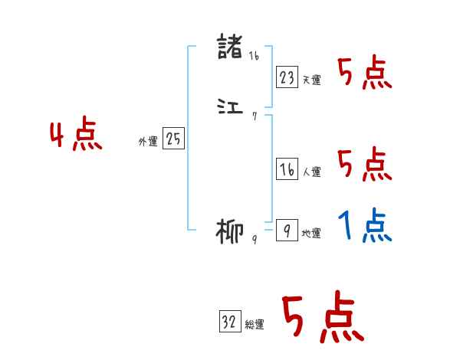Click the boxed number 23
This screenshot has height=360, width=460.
coord(287,77)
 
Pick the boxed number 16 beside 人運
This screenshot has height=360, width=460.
coord(287,170)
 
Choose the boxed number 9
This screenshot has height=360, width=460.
coord(287,231)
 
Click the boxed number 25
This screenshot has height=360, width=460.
coord(173,139)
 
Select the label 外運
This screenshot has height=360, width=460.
coord(147,142)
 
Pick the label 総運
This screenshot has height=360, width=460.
coord(255,325)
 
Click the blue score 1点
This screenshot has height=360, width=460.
coord(365,226)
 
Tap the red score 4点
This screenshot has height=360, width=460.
coord(76,136)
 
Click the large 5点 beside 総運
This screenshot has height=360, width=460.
coord(322,318)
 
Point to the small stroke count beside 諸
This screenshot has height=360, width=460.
coord(254,55)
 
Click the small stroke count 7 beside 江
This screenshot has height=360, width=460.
coord(254,116)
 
